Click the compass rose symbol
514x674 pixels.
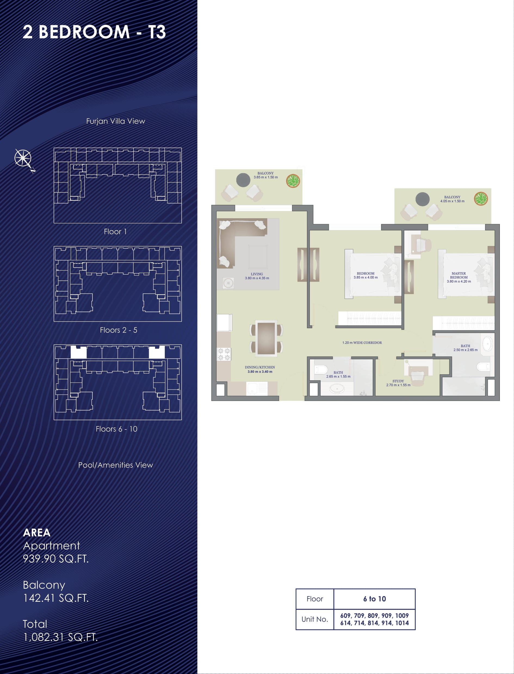[x=24, y=159]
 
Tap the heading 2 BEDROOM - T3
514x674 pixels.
[x=94, y=32]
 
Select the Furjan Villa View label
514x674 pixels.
[x=116, y=121]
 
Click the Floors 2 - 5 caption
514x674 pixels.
[x=118, y=330]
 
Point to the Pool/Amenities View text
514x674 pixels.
[x=116, y=465]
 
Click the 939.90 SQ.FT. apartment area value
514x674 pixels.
[x=56, y=559]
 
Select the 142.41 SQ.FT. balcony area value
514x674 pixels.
[x=56, y=598]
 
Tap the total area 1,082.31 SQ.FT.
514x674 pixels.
[x=60, y=637]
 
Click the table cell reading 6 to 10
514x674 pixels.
[x=374, y=599]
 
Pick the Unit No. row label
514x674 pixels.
[x=314, y=619]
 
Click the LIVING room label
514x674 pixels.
[x=257, y=274]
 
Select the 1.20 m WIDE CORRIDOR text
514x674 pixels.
[x=362, y=343]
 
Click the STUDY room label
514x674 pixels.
[x=398, y=381]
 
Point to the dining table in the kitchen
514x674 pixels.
[x=266, y=338]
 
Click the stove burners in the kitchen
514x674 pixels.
[x=224, y=354]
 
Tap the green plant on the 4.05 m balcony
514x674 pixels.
[x=481, y=199]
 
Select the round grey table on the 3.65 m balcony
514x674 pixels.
[x=243, y=180]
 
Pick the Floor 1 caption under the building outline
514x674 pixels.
[x=115, y=232]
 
